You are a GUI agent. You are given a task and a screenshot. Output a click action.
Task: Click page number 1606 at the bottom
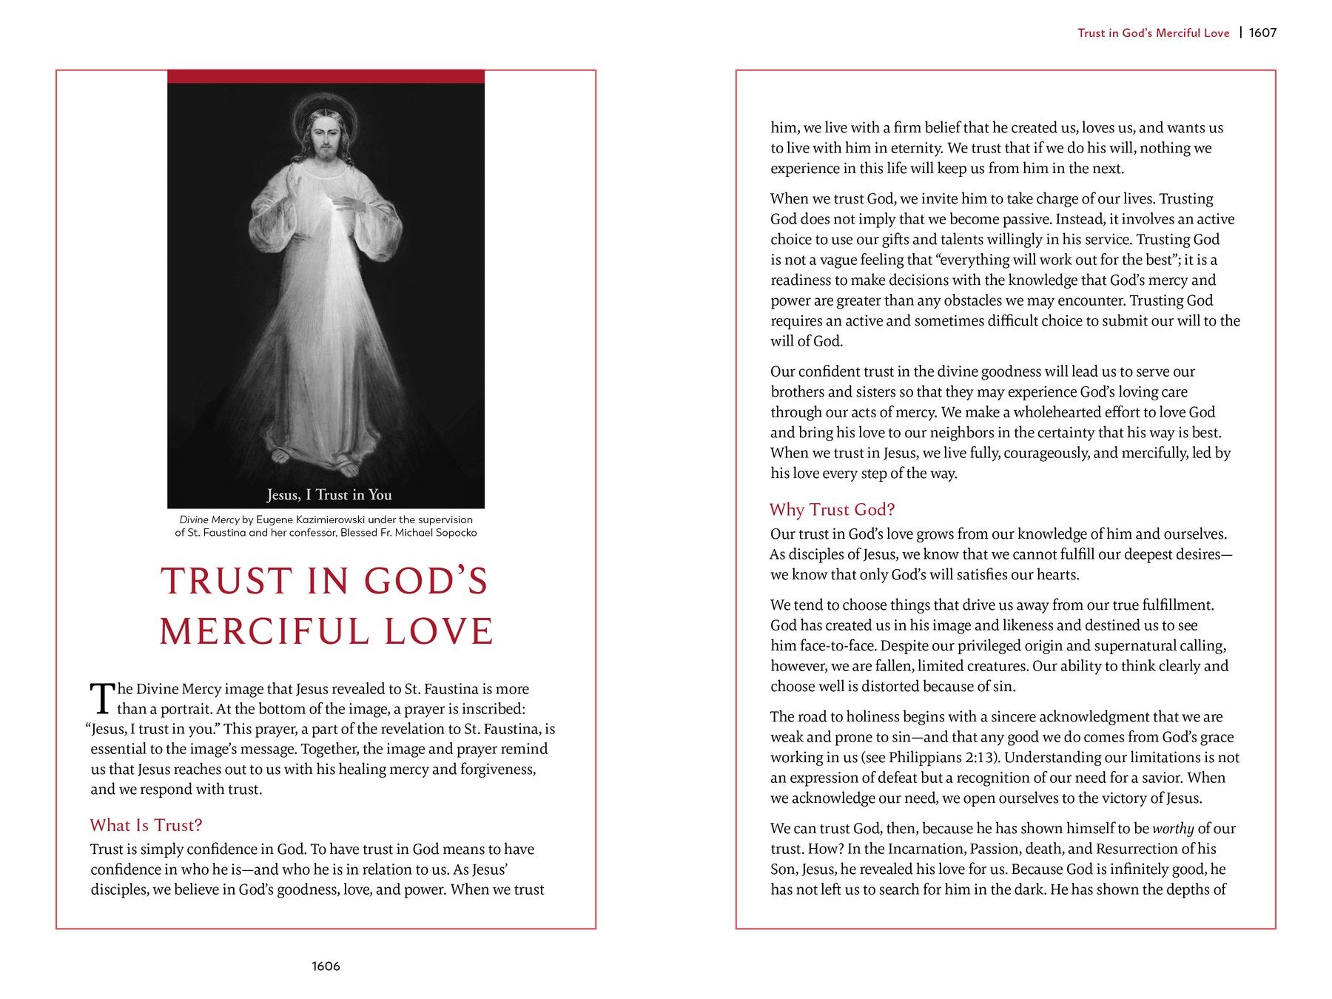coord(326,966)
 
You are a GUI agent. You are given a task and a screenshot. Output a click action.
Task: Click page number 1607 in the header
coord(1262,33)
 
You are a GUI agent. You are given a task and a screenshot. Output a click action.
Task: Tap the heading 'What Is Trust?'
coord(146,825)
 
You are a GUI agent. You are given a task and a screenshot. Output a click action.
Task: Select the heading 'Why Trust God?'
coord(832,509)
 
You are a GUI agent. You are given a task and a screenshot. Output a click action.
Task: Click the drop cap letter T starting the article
coord(101,699)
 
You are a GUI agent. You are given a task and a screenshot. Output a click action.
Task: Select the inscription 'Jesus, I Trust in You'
coord(329,494)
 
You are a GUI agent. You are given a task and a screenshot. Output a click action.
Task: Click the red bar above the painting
coord(326,76)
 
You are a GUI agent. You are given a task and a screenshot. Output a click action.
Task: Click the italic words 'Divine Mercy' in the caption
coord(209,519)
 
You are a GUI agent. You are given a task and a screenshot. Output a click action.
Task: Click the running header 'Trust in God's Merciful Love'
coord(1153,33)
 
